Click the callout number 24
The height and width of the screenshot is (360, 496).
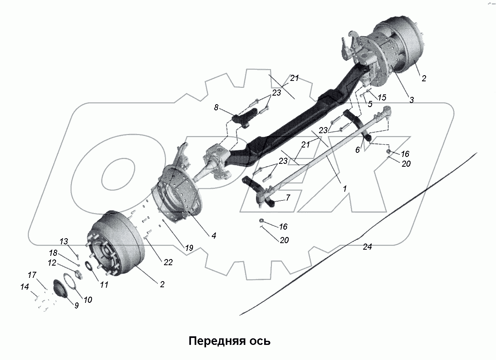click(367, 247)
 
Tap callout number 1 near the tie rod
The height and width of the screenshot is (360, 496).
click(344, 189)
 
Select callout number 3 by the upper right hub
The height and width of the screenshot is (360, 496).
click(411, 99)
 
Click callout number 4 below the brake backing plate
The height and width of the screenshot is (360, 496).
click(213, 235)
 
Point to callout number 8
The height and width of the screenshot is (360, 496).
click(216, 108)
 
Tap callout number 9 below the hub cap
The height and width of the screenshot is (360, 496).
click(76, 305)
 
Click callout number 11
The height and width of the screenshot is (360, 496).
click(104, 285)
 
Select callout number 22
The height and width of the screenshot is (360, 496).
click(168, 262)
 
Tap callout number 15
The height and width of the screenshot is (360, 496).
click(382, 98)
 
